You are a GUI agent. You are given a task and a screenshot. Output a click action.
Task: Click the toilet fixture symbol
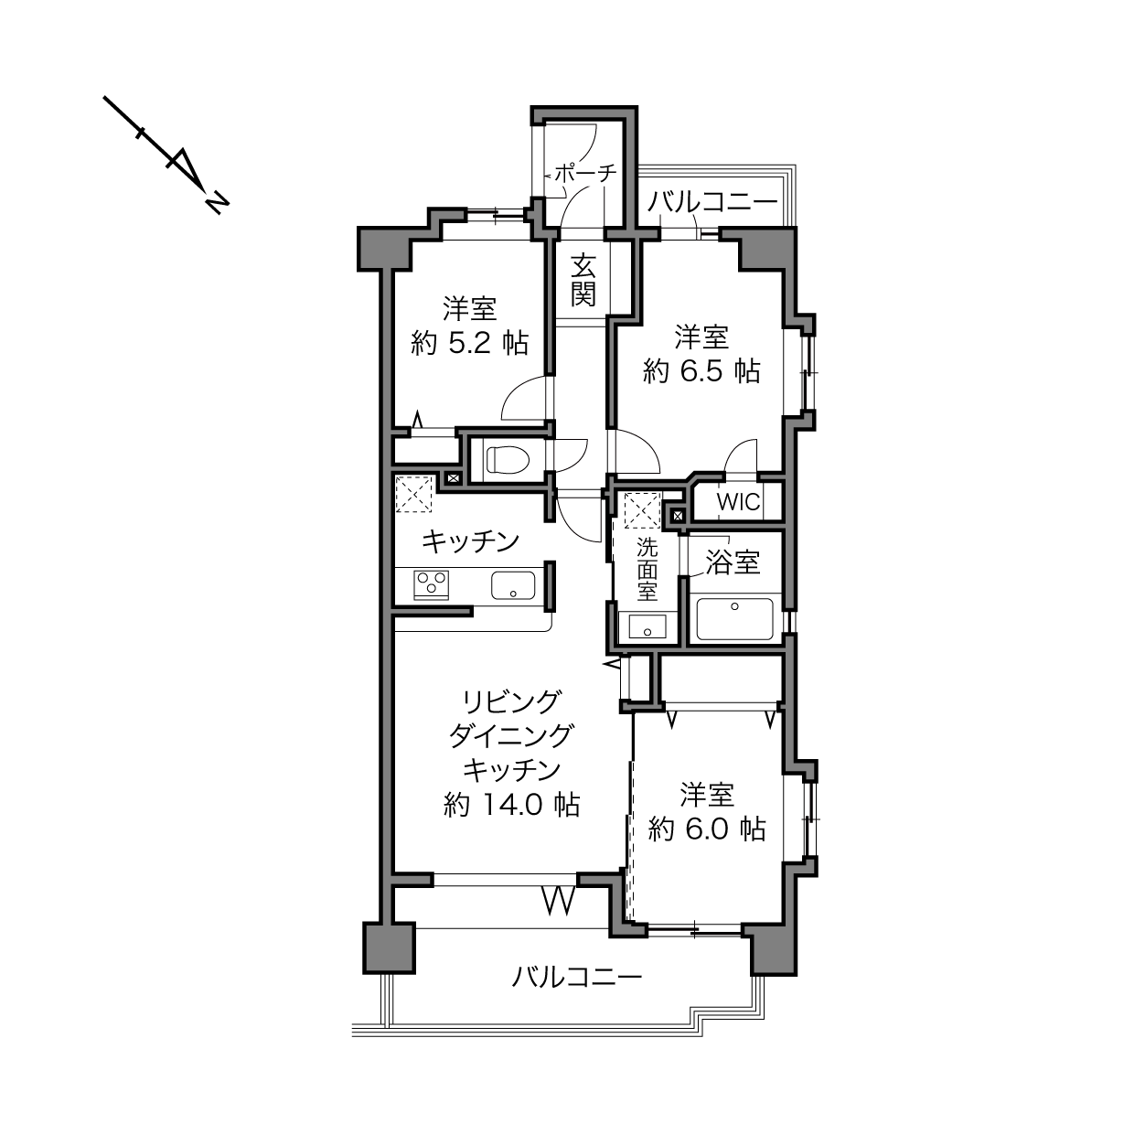(508, 459)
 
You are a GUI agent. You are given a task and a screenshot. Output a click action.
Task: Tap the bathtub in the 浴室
(734, 619)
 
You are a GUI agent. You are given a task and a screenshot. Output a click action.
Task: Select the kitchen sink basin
(513, 585)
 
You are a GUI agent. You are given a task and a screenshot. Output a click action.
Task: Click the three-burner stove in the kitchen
(432, 584)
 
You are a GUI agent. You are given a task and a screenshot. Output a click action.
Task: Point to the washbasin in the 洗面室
(647, 626)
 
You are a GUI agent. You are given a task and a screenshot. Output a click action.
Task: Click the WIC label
(739, 502)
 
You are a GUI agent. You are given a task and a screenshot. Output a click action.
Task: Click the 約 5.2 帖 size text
(469, 343)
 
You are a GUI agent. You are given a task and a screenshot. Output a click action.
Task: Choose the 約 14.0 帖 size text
(511, 805)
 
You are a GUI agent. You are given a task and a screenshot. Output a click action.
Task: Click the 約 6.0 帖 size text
(707, 829)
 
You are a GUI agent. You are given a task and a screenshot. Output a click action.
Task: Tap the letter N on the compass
(217, 203)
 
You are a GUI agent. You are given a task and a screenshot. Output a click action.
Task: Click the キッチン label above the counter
(470, 541)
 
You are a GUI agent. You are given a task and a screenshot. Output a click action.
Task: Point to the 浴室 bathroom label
(733, 562)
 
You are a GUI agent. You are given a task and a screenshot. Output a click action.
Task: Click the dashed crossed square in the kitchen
(414, 494)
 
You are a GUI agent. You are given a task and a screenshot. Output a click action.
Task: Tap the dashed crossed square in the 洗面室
(642, 510)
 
